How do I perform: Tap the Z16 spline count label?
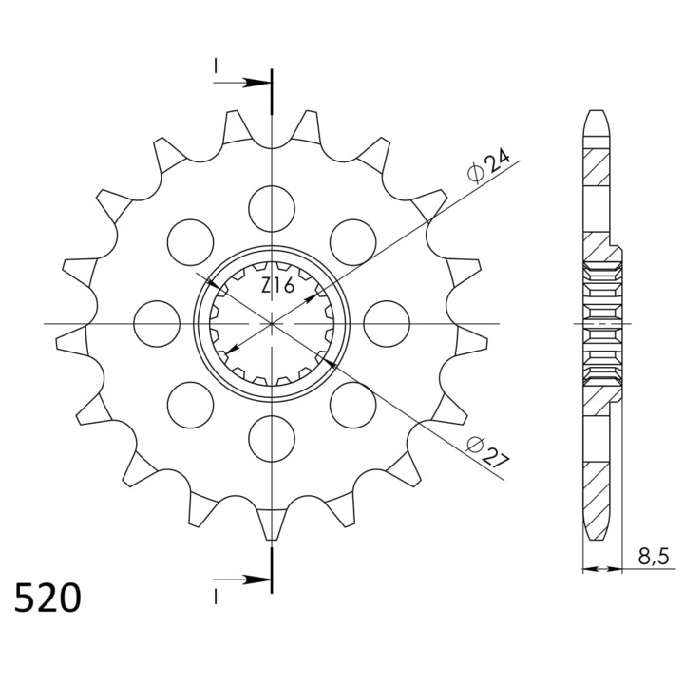[x=278, y=286]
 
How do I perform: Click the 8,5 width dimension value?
[x=653, y=558]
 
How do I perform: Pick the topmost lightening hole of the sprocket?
[x=272, y=208]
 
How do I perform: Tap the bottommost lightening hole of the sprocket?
[x=272, y=438]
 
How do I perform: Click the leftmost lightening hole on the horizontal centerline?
[x=157, y=324]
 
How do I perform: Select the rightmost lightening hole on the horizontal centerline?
[x=387, y=324]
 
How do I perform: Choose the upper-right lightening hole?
[x=352, y=242]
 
